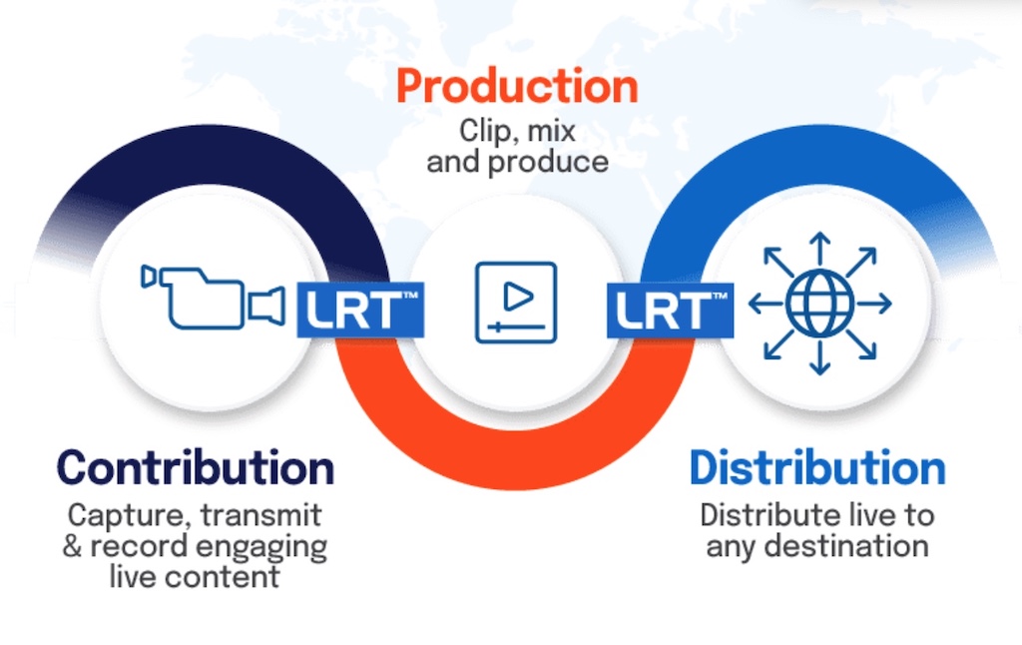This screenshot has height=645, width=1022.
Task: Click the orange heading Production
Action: tap(517, 87)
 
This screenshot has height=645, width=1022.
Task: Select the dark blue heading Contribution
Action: tap(196, 467)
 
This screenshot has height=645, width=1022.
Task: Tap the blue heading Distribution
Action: tap(817, 467)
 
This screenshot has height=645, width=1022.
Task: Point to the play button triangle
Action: tap(518, 297)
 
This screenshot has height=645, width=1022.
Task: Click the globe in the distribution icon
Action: tap(820, 304)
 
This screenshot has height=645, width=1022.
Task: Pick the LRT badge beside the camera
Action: tap(360, 310)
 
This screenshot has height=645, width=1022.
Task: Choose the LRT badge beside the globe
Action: tap(670, 310)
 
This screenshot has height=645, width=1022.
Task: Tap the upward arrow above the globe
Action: tap(820, 249)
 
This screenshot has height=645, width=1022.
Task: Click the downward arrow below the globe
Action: tap(820, 358)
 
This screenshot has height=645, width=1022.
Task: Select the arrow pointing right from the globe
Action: tap(874, 304)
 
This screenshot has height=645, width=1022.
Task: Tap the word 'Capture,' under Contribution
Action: tap(130, 516)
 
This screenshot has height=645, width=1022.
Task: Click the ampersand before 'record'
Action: tap(72, 546)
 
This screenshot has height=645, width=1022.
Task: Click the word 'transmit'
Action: tap(260, 515)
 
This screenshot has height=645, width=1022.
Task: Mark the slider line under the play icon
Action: tap(517, 326)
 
